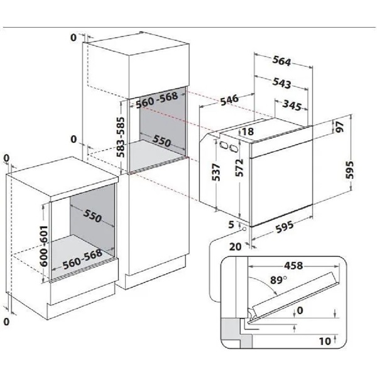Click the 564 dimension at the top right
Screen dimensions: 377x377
coord(283,61)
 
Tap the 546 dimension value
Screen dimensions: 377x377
coord(229,99)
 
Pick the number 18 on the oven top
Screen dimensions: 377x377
coord(248,131)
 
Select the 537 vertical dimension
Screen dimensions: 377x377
coord(216,172)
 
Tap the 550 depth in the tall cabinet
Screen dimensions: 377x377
coord(161,143)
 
